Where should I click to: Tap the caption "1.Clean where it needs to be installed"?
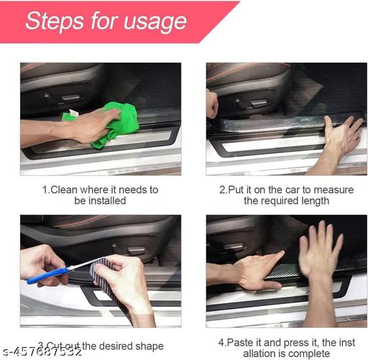coord(99,195)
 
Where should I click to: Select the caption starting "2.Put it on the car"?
coord(286,195)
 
